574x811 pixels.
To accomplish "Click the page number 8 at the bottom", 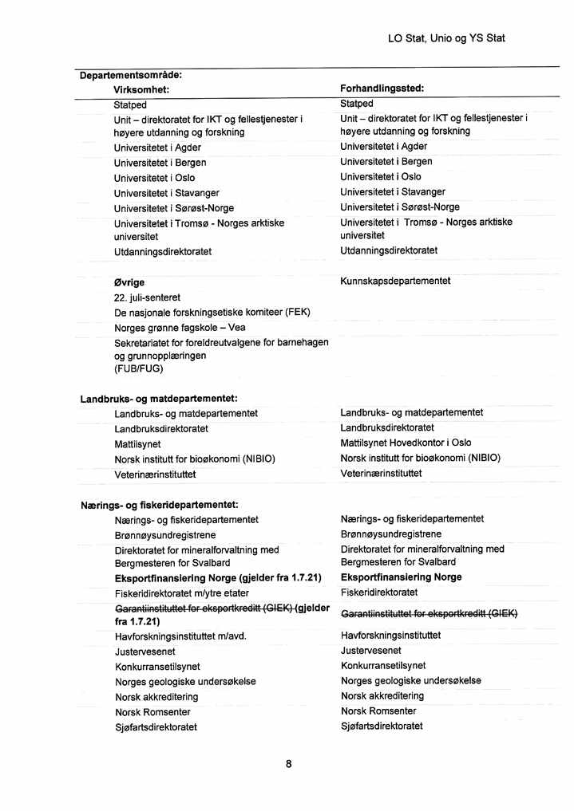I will (288, 764).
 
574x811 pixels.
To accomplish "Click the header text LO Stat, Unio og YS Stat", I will (446, 37).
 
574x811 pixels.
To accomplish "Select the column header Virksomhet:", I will (141, 89).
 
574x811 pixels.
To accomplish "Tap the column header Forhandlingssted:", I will (382, 89).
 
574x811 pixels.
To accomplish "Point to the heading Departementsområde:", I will (131, 75).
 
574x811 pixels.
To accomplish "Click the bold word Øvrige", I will (129, 282).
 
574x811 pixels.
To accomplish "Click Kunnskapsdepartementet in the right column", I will (395, 281).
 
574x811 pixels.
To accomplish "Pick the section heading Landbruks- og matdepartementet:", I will (160, 399).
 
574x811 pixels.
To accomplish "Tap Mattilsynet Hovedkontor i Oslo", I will (406, 443).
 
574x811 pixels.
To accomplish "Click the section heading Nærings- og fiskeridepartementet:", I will (160, 505).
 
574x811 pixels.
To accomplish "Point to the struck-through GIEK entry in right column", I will (430, 613).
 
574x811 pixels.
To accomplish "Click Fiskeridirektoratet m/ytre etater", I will (182, 593).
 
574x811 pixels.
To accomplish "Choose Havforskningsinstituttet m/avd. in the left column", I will (181, 636).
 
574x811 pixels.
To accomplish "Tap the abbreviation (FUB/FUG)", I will (139, 368).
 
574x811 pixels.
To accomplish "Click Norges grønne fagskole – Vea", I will (180, 327).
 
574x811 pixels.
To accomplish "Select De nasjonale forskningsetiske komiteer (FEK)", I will (212, 313).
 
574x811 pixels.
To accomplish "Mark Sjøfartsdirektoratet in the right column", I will (382, 726).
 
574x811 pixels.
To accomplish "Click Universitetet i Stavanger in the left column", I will (167, 193).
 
